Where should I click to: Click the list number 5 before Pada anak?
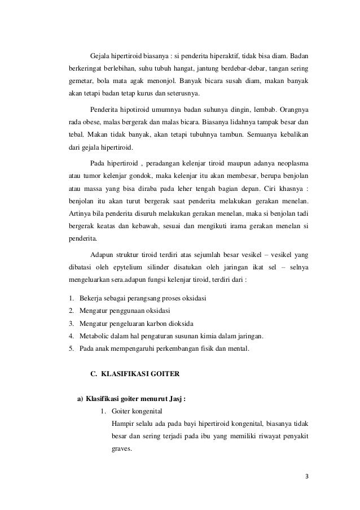pyautogui.click(x=71, y=349)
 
